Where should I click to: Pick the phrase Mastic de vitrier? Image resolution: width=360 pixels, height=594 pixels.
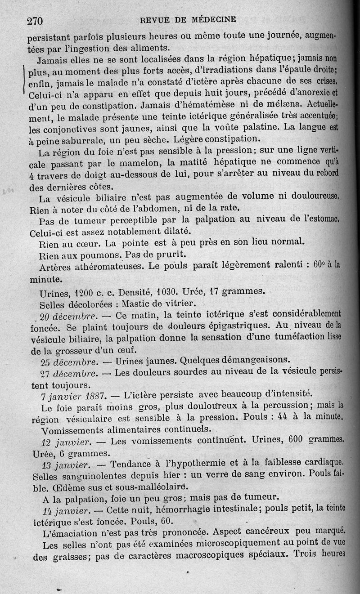pos(153,304)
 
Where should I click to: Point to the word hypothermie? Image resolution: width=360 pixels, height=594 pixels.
pos(199,464)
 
